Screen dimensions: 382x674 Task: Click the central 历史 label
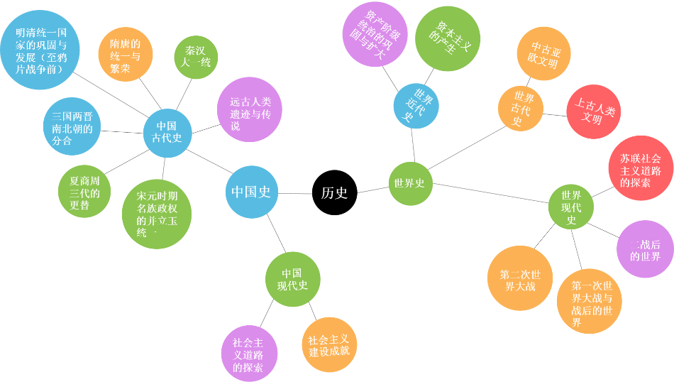point(334,192)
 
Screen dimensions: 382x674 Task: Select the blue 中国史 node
point(251,192)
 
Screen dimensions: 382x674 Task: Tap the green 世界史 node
point(410,183)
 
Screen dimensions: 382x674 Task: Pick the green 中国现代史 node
point(292,279)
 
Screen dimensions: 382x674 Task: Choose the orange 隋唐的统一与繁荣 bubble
point(125,54)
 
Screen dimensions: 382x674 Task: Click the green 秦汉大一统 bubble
point(196,57)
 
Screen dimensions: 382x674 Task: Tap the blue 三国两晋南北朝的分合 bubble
point(72,129)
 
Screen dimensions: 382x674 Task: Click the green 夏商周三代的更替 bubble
point(84,192)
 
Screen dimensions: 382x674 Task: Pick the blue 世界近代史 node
point(414,107)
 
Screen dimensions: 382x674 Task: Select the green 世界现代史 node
point(571,207)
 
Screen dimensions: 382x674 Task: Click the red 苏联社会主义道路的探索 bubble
point(641,168)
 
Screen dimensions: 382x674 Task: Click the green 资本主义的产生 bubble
point(447,39)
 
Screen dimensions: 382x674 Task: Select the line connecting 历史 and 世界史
point(372,190)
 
